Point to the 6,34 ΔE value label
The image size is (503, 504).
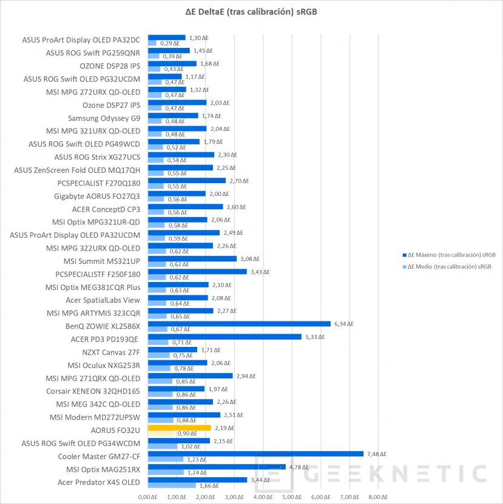click(343, 323)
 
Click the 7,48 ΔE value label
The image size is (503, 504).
click(376, 454)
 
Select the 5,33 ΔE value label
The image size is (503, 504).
click(314, 337)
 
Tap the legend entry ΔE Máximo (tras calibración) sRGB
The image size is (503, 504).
click(451, 255)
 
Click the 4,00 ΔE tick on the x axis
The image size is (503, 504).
click(263, 497)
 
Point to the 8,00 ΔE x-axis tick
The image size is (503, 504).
click(378, 497)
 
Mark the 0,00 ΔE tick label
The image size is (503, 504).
click(148, 497)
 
